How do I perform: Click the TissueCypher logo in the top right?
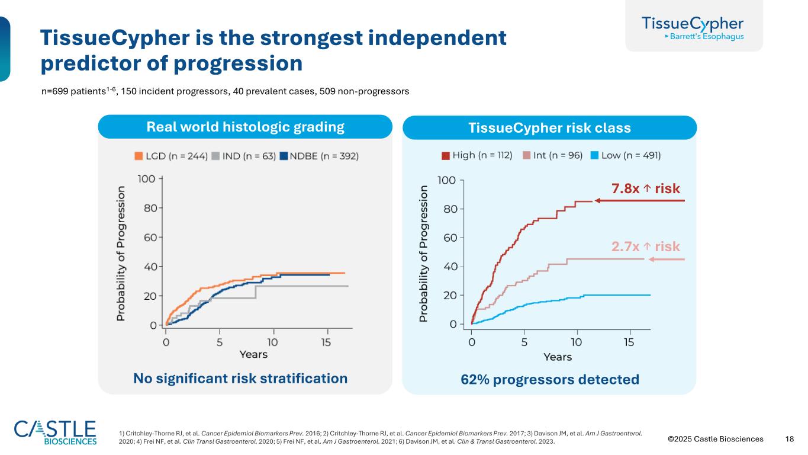point(693,28)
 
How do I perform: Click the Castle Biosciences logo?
point(55,432)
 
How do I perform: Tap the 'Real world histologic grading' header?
point(245,127)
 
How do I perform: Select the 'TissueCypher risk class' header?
point(549,128)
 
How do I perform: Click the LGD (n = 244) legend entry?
point(171,156)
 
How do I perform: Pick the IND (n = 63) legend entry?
point(243,156)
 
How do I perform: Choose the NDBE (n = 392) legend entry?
point(319,156)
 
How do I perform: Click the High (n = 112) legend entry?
point(477,156)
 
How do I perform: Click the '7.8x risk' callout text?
point(645,188)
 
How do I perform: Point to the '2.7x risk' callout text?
point(645,246)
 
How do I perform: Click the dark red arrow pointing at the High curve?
point(639,201)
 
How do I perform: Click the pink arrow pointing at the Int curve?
point(666,259)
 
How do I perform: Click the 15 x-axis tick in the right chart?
point(629,342)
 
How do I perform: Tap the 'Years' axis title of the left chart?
point(253,354)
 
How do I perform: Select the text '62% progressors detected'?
point(549,379)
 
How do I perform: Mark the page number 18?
point(789,439)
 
